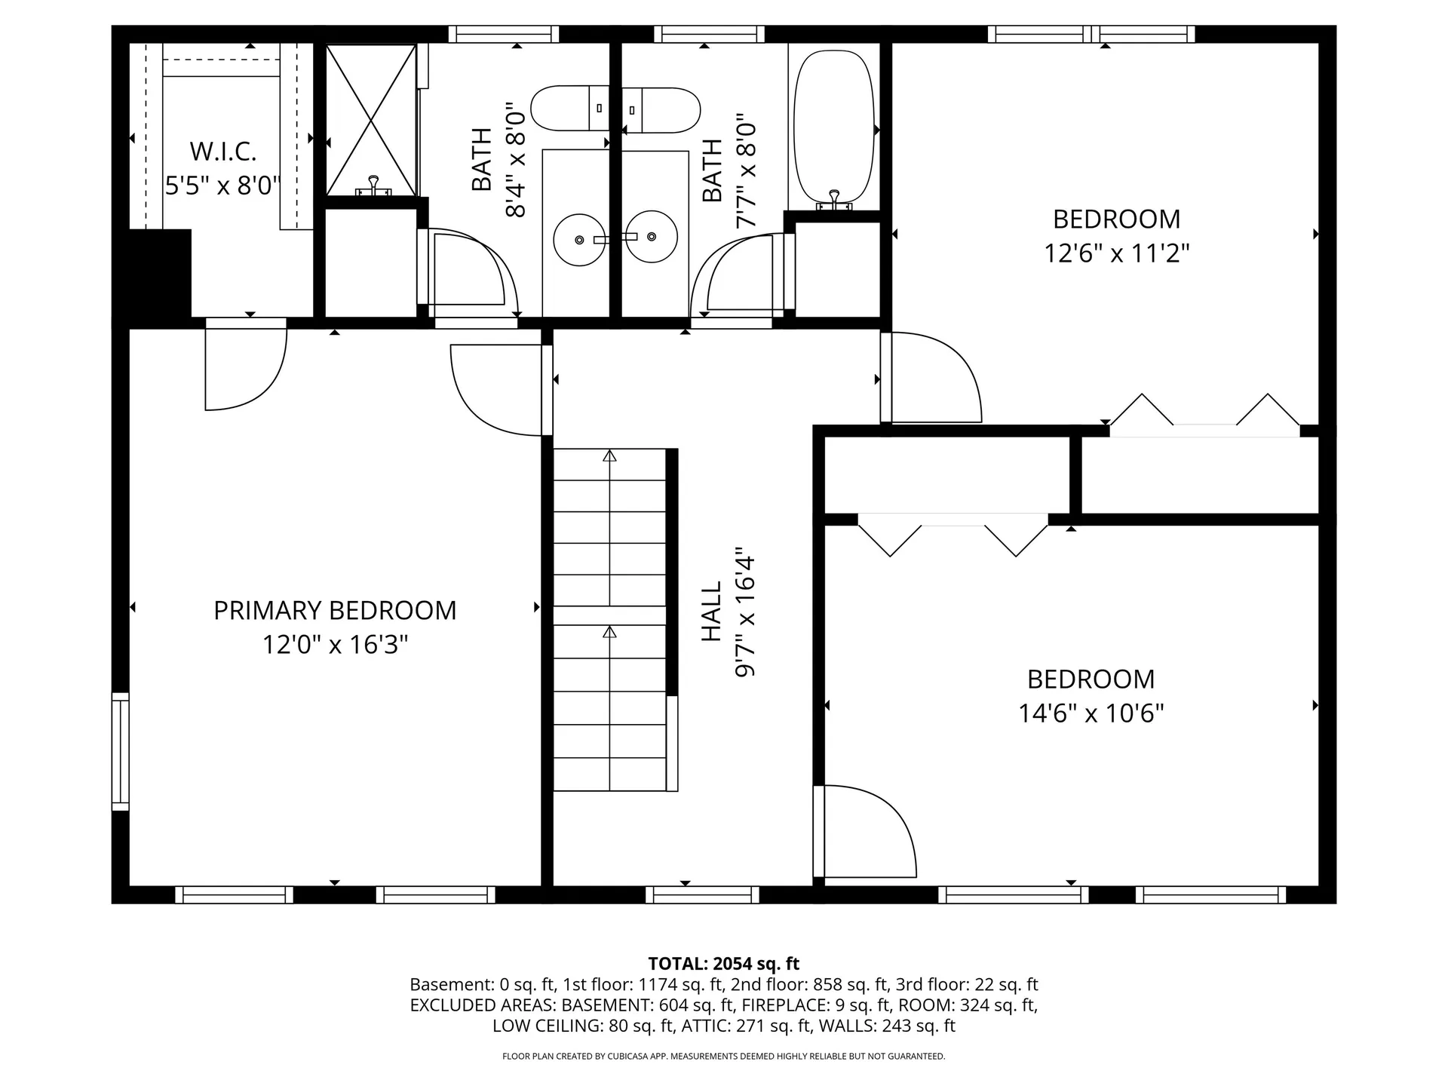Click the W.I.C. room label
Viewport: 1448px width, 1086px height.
(222, 152)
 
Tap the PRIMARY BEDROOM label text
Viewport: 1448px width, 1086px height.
(335, 610)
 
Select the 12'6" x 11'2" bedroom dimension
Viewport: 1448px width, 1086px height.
(1116, 253)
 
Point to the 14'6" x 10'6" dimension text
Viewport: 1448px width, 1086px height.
(1091, 713)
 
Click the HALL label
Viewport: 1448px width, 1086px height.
(712, 611)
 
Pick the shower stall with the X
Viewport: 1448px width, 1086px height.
(370, 119)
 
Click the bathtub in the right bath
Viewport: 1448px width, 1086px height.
(834, 128)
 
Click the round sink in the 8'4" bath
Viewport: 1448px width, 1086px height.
(578, 239)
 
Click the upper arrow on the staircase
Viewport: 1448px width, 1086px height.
(609, 456)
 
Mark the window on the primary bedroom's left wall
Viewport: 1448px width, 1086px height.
(120, 751)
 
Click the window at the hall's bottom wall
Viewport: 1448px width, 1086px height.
(702, 895)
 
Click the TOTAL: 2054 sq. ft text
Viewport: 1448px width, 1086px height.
(723, 964)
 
